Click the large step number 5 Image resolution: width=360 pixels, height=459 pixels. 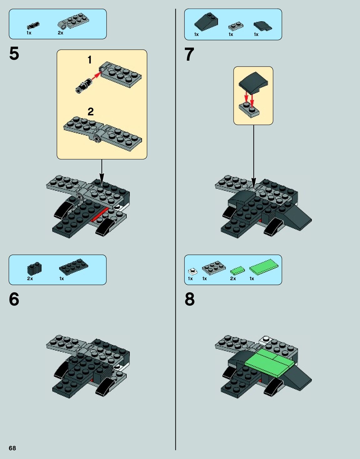pos(14,53)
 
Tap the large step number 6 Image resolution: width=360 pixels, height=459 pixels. pos(14,299)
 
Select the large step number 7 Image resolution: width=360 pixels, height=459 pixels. pos(189,54)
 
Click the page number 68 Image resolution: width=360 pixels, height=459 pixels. pos(12,448)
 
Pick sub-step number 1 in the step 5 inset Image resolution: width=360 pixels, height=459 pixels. pos(90,60)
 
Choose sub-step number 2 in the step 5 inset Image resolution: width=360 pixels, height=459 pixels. pos(90,112)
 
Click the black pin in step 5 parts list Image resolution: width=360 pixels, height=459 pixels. pos(33,26)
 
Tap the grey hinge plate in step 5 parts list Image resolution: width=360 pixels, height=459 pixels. pos(73,21)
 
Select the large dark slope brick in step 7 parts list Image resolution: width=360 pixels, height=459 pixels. pos(206,22)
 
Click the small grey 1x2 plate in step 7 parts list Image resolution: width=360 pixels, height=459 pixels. pos(236,26)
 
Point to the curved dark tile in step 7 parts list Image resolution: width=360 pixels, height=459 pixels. pos(263,26)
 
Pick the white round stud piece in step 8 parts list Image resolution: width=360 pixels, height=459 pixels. pos(193,271)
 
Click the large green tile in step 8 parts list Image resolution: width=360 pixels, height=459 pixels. pos(264,267)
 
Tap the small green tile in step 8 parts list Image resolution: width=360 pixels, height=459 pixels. pos(237,270)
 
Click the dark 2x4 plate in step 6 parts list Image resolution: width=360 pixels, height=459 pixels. pos(74,267)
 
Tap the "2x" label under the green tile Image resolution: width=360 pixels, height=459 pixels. pos(233,279)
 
